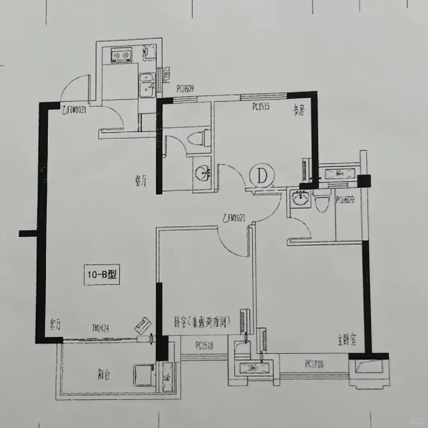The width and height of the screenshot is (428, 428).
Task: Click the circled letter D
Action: (262, 176)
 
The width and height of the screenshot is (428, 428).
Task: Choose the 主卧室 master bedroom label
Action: (346, 340)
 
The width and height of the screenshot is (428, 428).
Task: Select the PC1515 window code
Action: (261, 106)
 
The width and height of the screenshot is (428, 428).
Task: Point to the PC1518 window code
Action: (204, 346)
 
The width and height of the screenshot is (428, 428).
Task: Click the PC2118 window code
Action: (314, 364)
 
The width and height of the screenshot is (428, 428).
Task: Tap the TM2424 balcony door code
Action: (100, 328)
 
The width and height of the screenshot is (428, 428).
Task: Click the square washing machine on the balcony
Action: (143, 374)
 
